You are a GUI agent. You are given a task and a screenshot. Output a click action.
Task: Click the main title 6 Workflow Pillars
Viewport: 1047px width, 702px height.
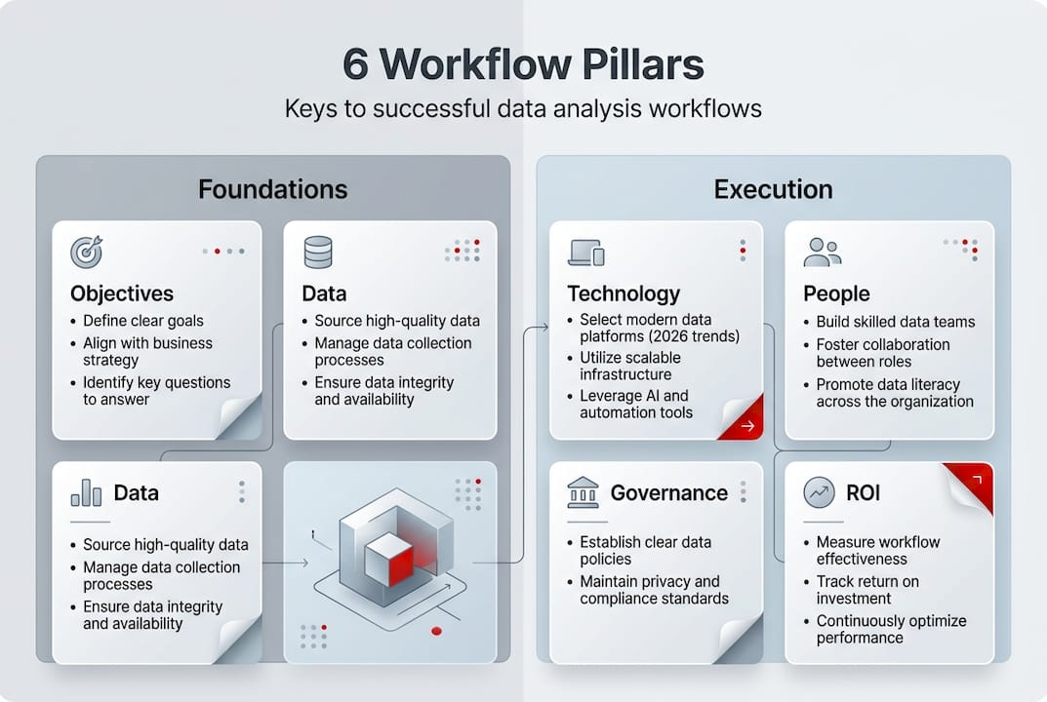(x=523, y=64)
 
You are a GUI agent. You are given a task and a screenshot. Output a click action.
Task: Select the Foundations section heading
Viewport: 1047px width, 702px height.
(x=272, y=188)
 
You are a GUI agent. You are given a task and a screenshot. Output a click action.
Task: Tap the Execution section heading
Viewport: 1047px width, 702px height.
(x=773, y=188)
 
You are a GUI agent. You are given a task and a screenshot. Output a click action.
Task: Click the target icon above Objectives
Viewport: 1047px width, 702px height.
(x=86, y=252)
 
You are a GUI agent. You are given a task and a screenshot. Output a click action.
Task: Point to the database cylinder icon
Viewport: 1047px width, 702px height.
(x=318, y=252)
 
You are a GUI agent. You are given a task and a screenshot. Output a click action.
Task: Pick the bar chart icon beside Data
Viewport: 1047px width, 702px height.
(x=86, y=492)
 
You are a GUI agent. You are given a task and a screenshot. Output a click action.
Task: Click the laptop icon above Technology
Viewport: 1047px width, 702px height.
(x=585, y=253)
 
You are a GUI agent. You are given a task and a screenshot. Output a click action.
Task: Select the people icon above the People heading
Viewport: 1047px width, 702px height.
(x=822, y=252)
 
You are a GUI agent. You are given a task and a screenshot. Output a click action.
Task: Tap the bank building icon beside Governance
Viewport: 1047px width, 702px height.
(x=584, y=493)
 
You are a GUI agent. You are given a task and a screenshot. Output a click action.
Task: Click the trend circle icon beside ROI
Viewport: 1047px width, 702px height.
(x=819, y=492)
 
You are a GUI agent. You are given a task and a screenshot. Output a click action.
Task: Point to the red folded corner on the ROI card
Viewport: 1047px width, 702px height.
(x=972, y=485)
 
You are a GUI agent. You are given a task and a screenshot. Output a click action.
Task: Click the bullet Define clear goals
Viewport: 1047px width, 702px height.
(x=143, y=321)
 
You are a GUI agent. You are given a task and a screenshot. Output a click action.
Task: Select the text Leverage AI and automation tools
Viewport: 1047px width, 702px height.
(x=635, y=404)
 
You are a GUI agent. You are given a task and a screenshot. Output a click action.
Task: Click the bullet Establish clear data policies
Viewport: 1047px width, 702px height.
(x=645, y=550)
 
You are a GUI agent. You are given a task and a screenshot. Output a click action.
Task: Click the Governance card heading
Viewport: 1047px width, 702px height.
(x=668, y=492)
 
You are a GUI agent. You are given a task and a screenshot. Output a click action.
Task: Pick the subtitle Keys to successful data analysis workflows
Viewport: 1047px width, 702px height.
(x=523, y=108)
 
